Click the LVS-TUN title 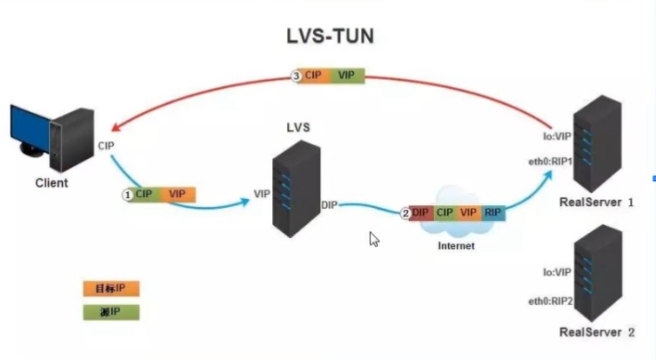click(x=328, y=37)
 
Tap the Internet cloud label click(x=454, y=245)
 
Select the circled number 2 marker click(x=405, y=213)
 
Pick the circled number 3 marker click(x=297, y=76)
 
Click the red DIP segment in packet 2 click(x=421, y=213)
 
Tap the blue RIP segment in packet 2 click(x=492, y=213)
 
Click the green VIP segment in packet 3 click(x=346, y=76)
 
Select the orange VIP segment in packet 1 click(x=177, y=193)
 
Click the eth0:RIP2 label click(x=548, y=301)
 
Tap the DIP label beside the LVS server click(x=330, y=205)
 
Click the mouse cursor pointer click(x=374, y=238)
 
